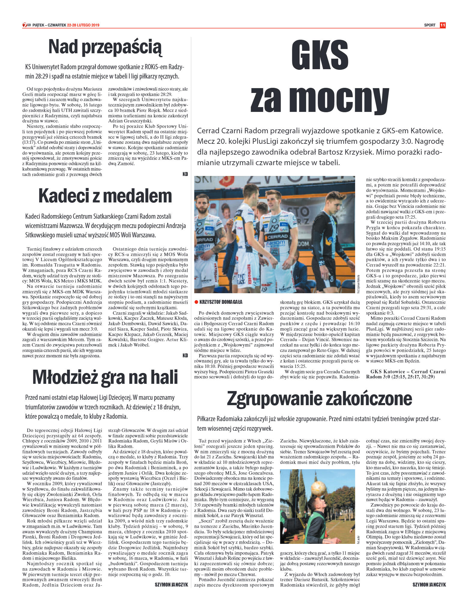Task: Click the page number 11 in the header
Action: (442, 25)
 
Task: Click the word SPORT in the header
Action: (430, 25)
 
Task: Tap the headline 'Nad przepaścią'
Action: (105, 47)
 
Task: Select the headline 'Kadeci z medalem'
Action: (105, 196)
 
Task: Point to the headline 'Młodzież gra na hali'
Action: (105, 377)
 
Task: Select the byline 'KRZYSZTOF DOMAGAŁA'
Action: (221, 302)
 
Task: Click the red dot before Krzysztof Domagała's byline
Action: (196, 302)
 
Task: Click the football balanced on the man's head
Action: (319, 489)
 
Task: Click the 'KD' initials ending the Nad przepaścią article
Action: (185, 174)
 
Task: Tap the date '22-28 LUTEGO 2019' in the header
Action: (83, 25)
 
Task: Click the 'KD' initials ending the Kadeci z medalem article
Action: (185, 356)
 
